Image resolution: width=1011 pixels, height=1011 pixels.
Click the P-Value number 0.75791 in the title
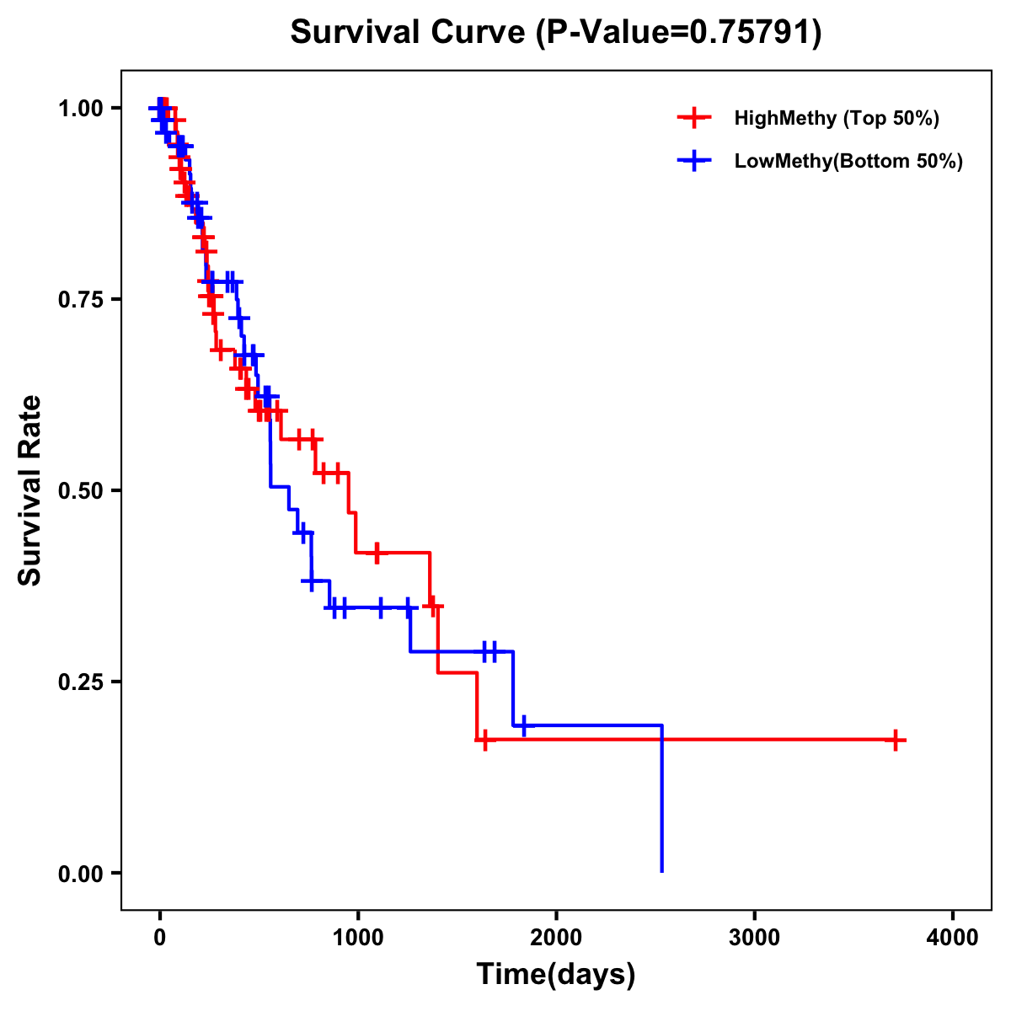pyautogui.click(x=752, y=32)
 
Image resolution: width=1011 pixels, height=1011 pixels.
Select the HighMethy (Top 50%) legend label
pyautogui.click(x=836, y=118)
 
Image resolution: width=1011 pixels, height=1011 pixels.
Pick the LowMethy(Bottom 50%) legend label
pyautogui.click(x=848, y=161)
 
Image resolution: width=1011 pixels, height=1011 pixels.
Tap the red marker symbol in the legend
pyautogui.click(x=693, y=118)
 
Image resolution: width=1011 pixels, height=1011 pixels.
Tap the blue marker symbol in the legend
pyautogui.click(x=693, y=161)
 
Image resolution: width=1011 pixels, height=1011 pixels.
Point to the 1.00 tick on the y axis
pyautogui.click(x=80, y=108)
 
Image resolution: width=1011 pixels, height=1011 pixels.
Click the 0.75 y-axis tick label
pyautogui.click(x=80, y=299)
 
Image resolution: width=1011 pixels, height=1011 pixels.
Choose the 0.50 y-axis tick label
pyautogui.click(x=80, y=490)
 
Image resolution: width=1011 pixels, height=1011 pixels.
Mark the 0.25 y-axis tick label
pyautogui.click(x=80, y=682)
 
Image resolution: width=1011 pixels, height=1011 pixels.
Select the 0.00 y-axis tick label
pyautogui.click(x=80, y=873)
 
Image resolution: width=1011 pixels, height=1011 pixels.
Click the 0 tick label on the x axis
pyautogui.click(x=159, y=938)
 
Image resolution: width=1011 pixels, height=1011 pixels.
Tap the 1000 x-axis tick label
pyautogui.click(x=358, y=938)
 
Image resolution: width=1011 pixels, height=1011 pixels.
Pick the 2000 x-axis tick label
pyautogui.click(x=556, y=938)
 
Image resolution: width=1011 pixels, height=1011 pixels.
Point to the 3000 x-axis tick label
pyautogui.click(x=754, y=938)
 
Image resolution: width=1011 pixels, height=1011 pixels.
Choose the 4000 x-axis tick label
pyautogui.click(x=953, y=938)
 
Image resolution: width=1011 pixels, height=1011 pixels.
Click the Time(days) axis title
pyautogui.click(x=556, y=975)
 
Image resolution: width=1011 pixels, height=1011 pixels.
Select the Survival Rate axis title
pyautogui.click(x=30, y=489)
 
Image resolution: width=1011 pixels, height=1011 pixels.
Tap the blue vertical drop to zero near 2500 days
pyautogui.click(x=662, y=800)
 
